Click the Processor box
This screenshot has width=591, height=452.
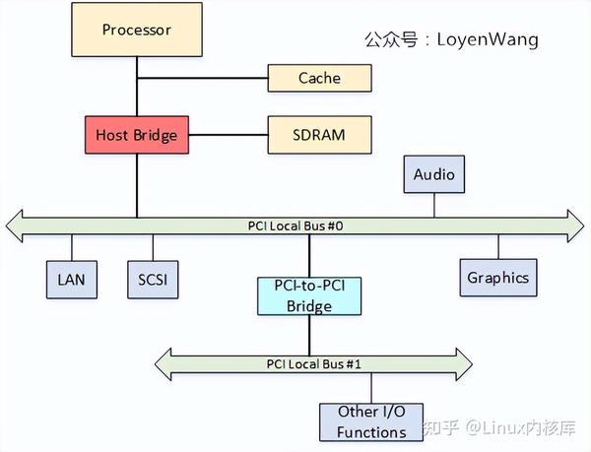137,29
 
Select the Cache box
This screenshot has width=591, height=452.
319,78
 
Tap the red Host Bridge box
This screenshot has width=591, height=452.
137,134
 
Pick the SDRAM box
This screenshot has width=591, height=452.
319,134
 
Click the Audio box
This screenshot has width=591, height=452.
434,175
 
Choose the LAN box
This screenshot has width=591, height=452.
71,280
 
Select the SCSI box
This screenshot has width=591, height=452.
153,280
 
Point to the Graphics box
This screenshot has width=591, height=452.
497,277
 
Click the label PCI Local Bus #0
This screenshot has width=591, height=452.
295,226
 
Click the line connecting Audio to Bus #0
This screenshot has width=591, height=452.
434,203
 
